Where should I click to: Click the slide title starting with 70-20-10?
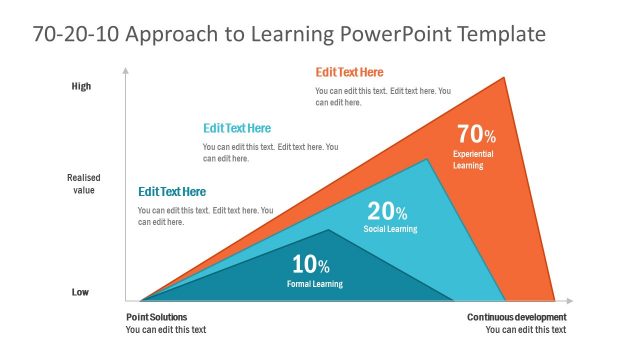289,34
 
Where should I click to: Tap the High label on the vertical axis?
81,86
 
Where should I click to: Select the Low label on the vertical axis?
81,292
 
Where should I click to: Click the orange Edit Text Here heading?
349,72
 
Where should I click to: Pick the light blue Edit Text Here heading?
237,128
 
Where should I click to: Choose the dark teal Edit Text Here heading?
172,191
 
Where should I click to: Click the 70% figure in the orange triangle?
476,134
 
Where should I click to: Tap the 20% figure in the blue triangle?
387,211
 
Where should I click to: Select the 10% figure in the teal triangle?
310,265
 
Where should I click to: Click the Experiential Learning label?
473,160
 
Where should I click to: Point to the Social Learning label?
390,229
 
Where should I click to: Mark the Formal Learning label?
315,284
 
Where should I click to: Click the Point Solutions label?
158,317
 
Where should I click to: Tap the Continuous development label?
516,317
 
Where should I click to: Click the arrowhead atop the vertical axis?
125,70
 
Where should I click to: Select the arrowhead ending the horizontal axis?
570,300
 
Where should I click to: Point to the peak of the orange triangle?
504,77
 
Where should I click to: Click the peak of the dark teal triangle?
329,231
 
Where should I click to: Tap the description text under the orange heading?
383,96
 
